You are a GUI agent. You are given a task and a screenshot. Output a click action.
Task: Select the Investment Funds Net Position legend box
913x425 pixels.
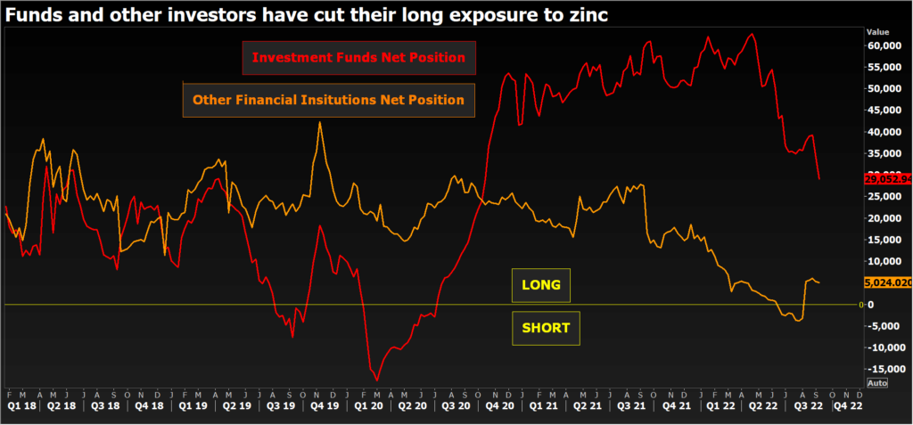(359, 58)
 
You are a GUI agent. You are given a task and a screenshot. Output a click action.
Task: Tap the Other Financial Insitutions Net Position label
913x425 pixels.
(328, 100)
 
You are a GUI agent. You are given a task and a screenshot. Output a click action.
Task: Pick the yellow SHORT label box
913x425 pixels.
(546, 327)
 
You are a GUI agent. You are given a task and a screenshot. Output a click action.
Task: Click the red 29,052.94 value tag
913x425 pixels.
(888, 179)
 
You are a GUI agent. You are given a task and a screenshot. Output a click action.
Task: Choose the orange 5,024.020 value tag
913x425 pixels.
(888, 282)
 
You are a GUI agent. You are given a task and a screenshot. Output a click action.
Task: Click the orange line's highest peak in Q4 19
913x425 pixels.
(320, 122)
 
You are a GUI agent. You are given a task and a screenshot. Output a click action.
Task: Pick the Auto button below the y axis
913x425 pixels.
(877, 383)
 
